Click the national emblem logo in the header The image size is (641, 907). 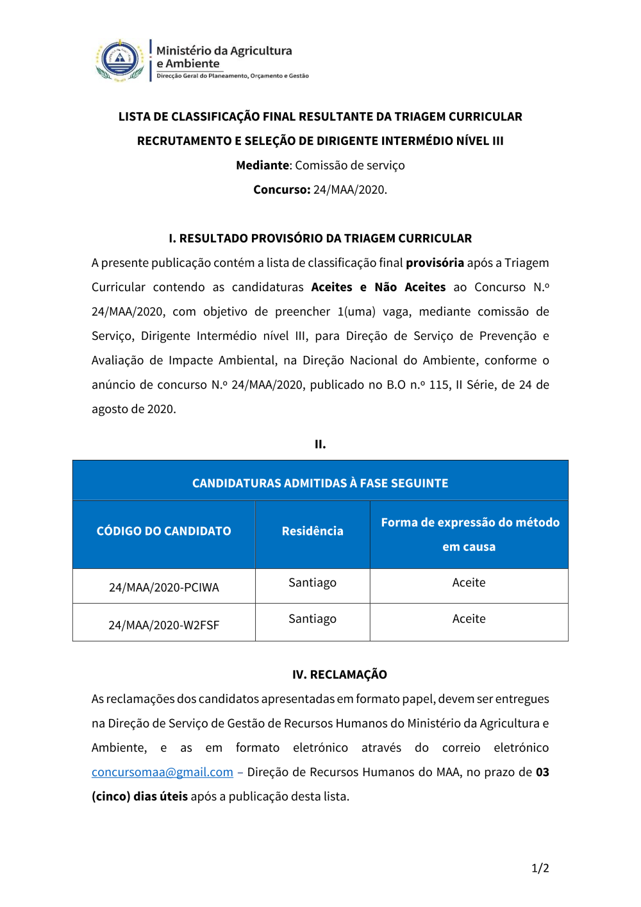[120, 60]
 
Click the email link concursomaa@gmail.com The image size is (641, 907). [162, 772]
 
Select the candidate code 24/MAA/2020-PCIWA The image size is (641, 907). [163, 588]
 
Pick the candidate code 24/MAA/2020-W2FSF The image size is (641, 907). [163, 625]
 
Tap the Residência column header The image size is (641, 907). [312, 531]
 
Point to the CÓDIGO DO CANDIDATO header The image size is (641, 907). [163, 531]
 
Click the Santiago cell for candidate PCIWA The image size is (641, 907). [312, 582]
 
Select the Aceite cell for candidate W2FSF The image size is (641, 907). [469, 619]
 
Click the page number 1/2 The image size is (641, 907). [540, 869]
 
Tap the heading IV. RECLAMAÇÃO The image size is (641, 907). [339, 675]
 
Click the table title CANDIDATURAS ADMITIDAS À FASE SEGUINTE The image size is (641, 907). [320, 483]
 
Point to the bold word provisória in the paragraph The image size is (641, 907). [435, 263]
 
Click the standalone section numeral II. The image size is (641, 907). [320, 444]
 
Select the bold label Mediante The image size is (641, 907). [263, 165]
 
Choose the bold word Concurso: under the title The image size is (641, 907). [281, 190]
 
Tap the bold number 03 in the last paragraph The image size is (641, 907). [542, 772]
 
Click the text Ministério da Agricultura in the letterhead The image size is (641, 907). [224, 51]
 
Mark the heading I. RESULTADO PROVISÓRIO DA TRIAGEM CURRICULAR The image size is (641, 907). [320, 239]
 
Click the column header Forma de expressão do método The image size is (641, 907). [470, 523]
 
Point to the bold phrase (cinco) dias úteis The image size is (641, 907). [140, 797]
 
